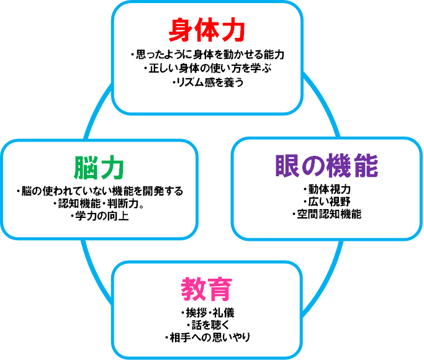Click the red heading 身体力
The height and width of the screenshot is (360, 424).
207,29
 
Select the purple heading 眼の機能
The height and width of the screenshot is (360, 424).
327,166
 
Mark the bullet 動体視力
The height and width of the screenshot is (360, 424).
327,189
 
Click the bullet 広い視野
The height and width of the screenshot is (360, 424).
327,202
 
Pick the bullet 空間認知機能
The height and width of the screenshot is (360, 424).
327,214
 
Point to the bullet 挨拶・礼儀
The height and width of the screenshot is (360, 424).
207,312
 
